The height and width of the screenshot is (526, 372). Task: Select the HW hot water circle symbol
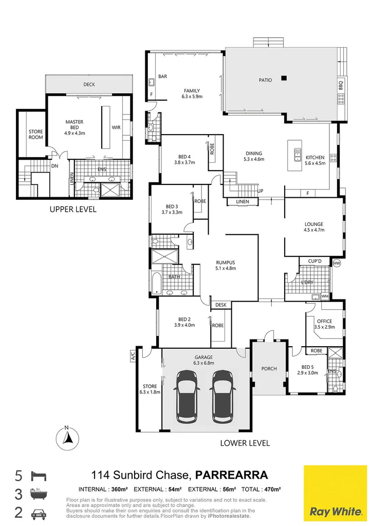(337, 263)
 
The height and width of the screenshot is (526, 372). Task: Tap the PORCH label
(269, 369)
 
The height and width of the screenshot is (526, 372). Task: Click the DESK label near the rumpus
(221, 305)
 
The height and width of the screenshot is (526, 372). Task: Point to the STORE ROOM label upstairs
(35, 135)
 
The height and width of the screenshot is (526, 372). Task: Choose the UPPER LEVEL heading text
(72, 210)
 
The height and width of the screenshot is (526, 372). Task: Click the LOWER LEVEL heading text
(245, 443)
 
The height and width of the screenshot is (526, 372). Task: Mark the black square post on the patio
(283, 78)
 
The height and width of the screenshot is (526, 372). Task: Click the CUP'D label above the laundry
(315, 261)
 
